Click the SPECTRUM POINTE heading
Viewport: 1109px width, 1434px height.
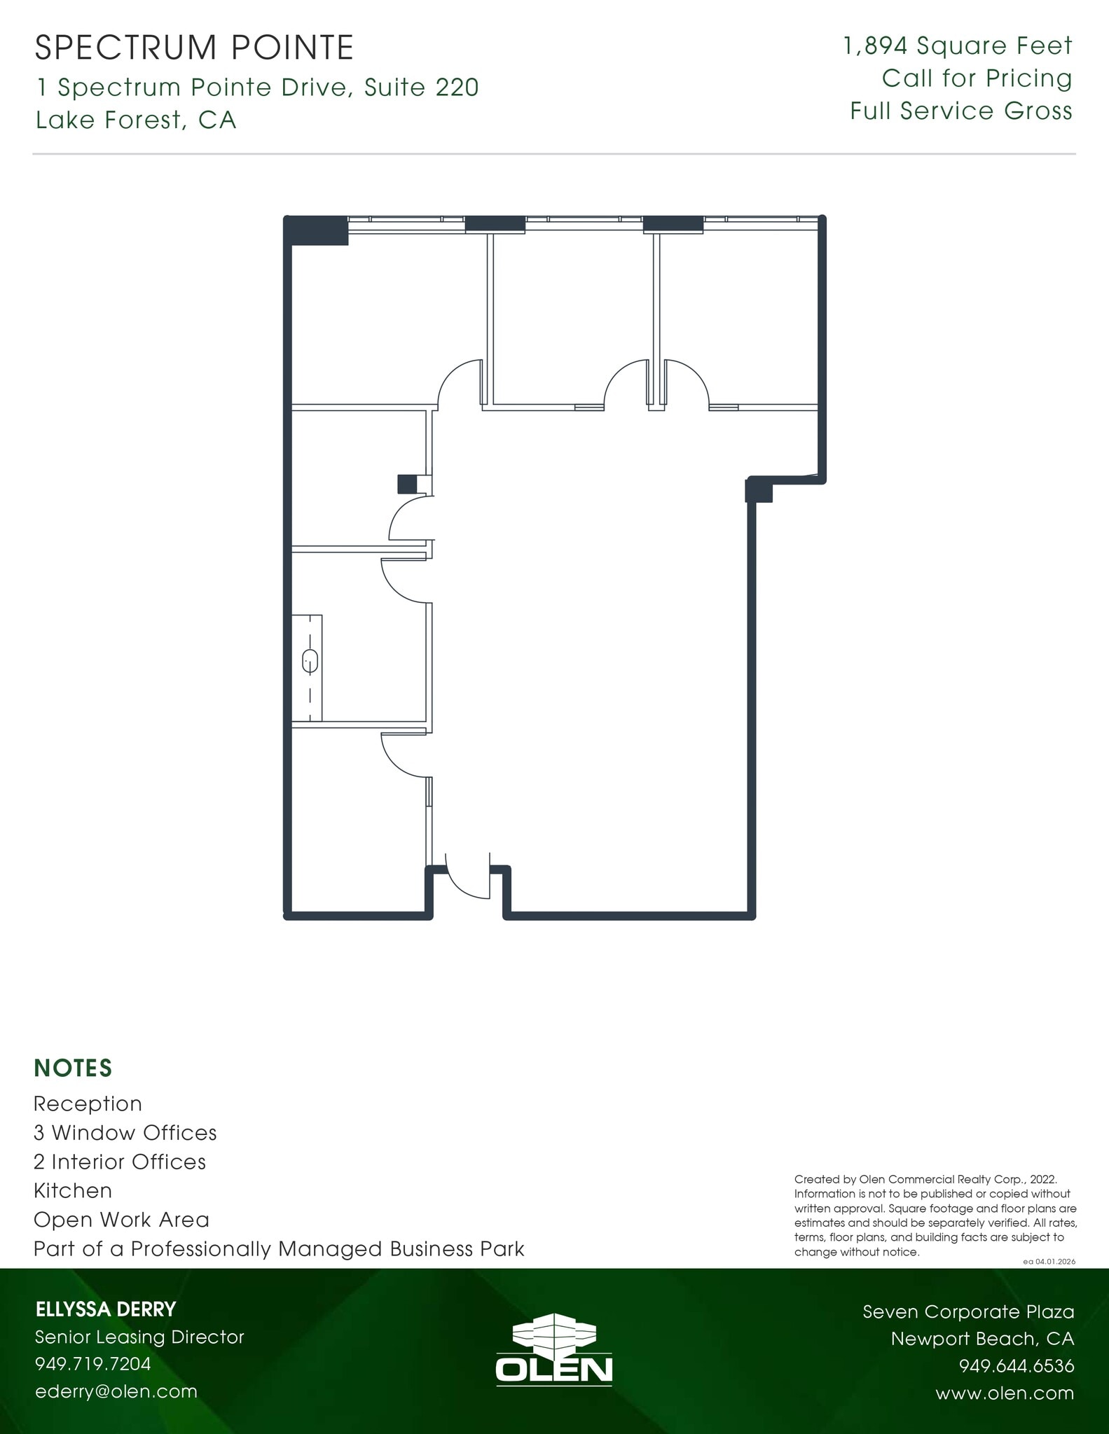click(194, 48)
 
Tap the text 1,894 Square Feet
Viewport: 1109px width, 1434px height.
click(958, 46)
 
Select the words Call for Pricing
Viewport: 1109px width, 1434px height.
click(977, 78)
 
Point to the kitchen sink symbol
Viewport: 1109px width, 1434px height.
click(310, 661)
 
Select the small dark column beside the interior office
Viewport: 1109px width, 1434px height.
click(406, 484)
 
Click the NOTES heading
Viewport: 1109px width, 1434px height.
click(73, 1068)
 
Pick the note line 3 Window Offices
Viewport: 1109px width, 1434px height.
click(125, 1132)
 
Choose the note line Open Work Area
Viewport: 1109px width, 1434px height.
click(121, 1219)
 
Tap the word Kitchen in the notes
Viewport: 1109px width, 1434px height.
click(73, 1190)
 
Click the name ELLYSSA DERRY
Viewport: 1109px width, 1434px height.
click(105, 1309)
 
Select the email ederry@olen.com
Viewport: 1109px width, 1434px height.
click(116, 1391)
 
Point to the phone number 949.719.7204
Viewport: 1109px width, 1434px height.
click(92, 1363)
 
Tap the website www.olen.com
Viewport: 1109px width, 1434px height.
click(1004, 1393)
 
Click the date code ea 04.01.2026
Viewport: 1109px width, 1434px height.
click(1049, 1261)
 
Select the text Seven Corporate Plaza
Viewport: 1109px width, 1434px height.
click(967, 1311)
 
